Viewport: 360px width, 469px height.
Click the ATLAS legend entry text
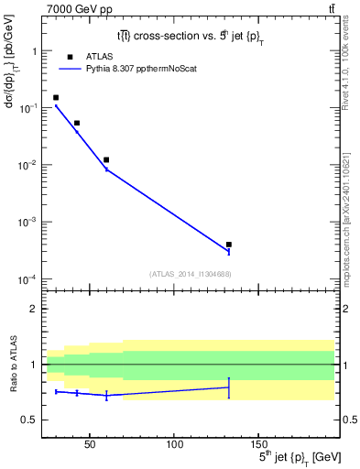click(101, 56)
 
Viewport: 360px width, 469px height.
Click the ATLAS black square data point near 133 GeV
click(229, 245)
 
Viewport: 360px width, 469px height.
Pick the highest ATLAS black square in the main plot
click(56, 97)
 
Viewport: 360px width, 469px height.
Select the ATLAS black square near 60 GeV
click(106, 159)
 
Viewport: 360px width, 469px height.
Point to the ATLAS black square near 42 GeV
click(77, 123)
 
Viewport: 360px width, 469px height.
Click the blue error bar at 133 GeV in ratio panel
click(229, 387)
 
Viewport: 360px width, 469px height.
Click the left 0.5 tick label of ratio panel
click(31, 420)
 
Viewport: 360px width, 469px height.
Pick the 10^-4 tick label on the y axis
click(28, 278)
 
